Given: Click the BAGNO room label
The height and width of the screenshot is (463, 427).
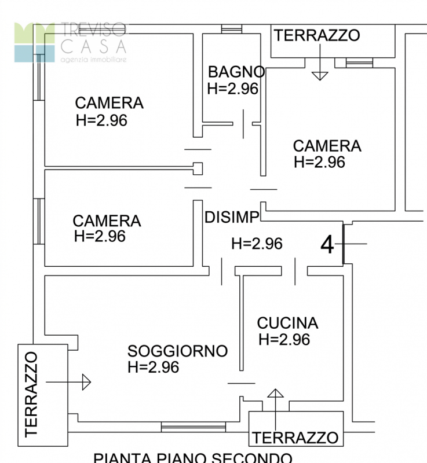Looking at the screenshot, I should point(236,72).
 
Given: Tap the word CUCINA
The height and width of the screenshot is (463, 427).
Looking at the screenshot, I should point(287,323).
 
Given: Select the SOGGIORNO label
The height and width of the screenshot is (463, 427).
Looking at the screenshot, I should point(177,351).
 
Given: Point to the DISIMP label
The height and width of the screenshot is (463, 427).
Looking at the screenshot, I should point(232,218).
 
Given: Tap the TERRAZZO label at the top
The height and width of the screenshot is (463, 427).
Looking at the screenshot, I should point(317,35).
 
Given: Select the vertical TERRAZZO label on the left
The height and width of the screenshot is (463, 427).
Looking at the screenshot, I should point(31,394).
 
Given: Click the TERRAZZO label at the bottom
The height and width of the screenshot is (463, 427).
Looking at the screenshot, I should point(295,437).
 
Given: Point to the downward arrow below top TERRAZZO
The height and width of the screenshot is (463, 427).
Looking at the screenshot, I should point(319,75).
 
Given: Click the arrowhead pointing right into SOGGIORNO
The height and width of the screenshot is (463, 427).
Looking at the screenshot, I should point(86,382).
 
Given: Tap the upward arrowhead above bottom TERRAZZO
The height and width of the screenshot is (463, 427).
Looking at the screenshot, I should point(275,394).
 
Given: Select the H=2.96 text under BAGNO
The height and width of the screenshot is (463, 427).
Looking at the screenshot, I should point(232,89).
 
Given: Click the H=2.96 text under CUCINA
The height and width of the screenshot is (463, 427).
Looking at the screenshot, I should point(284,339).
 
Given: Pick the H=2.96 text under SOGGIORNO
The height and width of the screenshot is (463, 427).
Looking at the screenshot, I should point(153,367).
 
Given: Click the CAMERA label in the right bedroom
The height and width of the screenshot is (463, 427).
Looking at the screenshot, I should point(327,146).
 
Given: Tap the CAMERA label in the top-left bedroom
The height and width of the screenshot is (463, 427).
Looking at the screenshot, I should point(109,103).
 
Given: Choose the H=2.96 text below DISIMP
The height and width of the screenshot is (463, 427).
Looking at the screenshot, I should point(257,244).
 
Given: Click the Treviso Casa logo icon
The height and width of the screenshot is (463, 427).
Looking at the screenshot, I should point(35,42).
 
